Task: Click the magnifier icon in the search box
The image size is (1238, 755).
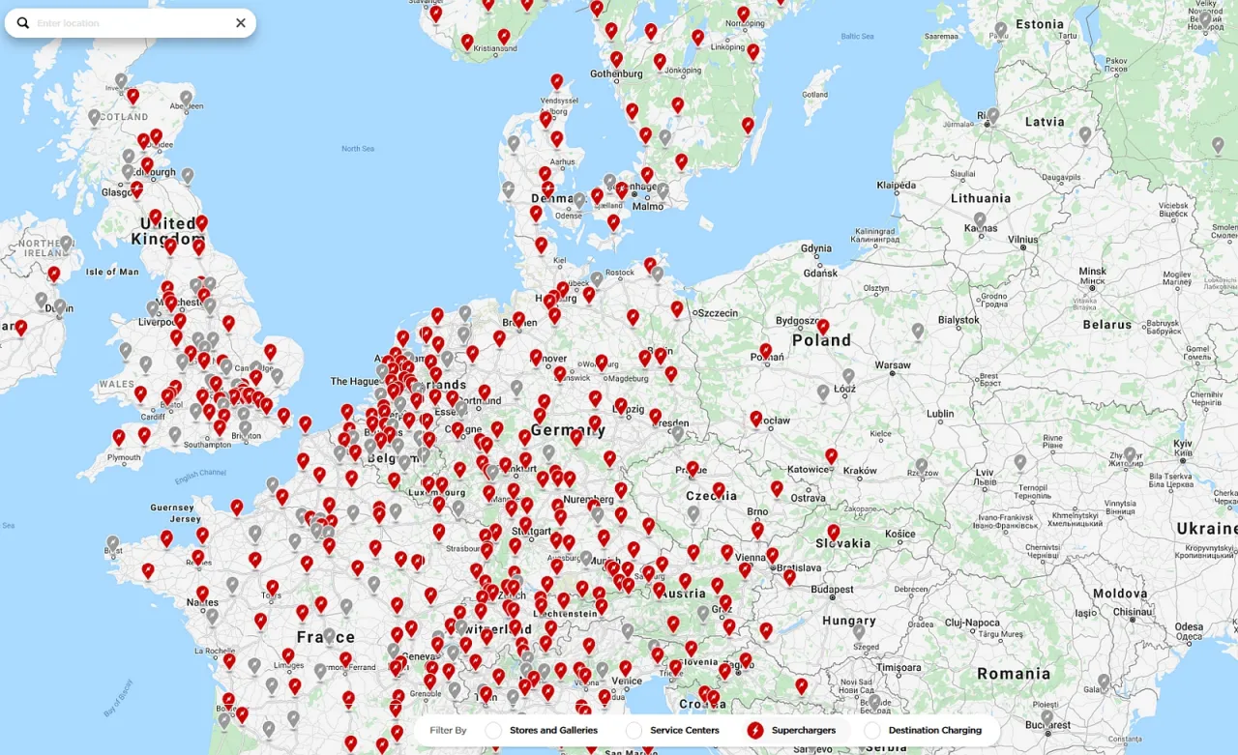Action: click(23, 22)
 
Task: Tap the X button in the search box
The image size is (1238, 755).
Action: click(241, 23)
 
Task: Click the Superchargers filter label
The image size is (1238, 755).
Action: click(803, 730)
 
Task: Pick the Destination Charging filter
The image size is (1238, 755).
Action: click(934, 730)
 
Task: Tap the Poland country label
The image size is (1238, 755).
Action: click(821, 340)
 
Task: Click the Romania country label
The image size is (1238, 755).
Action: click(1014, 673)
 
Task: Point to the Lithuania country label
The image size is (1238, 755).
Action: click(980, 198)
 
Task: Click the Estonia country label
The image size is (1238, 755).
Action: click(1041, 24)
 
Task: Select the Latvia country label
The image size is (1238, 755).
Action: click(1045, 122)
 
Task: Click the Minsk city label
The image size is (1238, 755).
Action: click(1092, 272)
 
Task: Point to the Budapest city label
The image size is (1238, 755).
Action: click(832, 590)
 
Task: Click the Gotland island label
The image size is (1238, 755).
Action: click(815, 95)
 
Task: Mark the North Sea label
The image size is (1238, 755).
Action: click(357, 148)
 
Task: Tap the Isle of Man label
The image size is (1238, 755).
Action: click(112, 272)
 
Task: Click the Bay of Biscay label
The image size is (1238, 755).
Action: click(118, 698)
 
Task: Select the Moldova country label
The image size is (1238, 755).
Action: click(1120, 594)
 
